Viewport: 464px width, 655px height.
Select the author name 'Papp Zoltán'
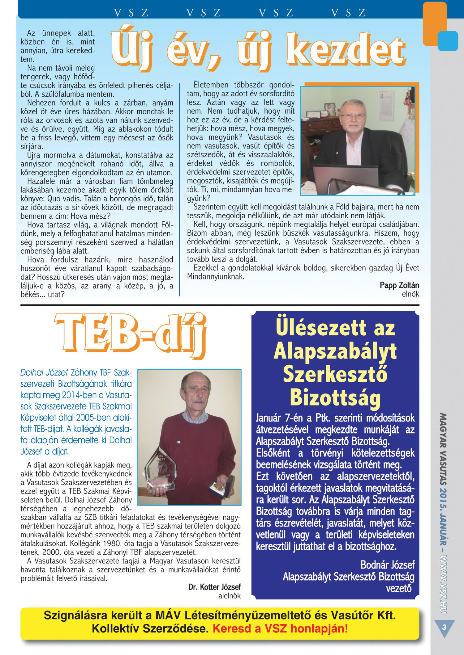[x=399, y=285]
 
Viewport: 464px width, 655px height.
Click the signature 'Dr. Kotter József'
[x=214, y=587]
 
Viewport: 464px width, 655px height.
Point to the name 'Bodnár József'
[x=387, y=565]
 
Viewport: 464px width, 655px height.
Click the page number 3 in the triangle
[x=444, y=627]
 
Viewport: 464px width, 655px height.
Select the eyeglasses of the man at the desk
[x=352, y=115]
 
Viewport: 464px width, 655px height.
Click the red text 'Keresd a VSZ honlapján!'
[x=280, y=628]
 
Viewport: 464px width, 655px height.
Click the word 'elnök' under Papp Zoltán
[x=410, y=294]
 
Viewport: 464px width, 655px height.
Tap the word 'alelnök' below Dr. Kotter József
[x=229, y=596]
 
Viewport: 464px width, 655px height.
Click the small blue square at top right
[x=448, y=41]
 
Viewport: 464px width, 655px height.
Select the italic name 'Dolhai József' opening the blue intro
[x=44, y=372]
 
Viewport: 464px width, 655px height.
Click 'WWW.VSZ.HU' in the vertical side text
[x=444, y=584]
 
